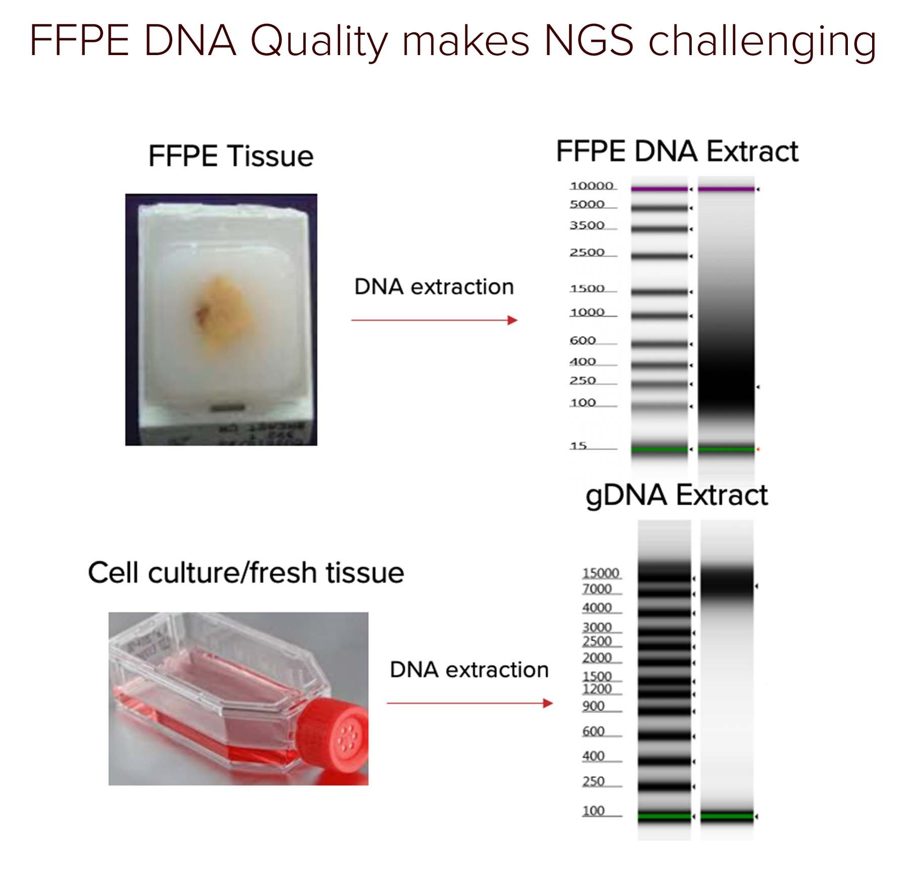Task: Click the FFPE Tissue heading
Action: coord(230,156)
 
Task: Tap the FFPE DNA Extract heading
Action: coord(677,151)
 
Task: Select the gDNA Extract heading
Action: coord(676,495)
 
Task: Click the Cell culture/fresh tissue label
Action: coord(246,573)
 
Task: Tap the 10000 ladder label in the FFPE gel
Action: coord(591,186)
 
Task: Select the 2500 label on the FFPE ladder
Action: coord(587,252)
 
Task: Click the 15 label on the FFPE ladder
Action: coord(578,446)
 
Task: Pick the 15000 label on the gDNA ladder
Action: coord(600,573)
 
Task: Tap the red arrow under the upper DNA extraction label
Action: coord(434,320)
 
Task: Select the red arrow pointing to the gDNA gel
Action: coord(469,703)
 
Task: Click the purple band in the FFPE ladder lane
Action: coord(659,189)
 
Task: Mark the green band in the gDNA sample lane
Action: coord(726,815)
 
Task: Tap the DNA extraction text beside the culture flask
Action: coord(469,670)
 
